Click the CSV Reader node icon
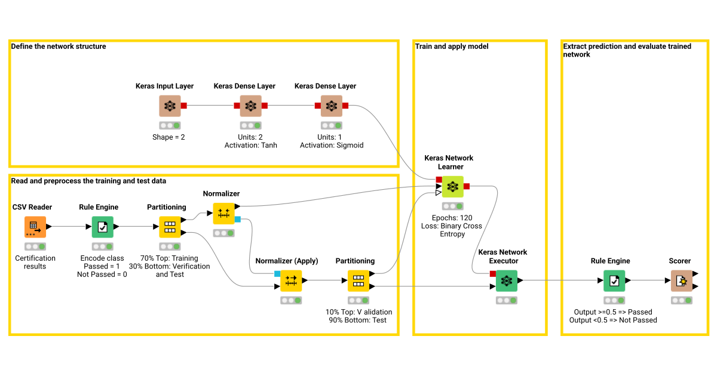pyautogui.click(x=35, y=227)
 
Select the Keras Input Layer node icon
pyautogui.click(x=170, y=106)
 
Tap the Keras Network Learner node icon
pyautogui.click(x=452, y=187)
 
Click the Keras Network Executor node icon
pyautogui.click(x=507, y=281)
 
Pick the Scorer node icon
pyautogui.click(x=681, y=281)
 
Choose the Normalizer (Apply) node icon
pyautogui.click(x=291, y=281)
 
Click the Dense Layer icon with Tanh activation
pyautogui.click(x=250, y=106)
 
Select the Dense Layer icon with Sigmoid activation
pyautogui.click(x=331, y=106)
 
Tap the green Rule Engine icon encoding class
pyautogui.click(x=102, y=227)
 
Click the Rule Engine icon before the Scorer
pyautogui.click(x=614, y=281)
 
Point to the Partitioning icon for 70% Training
pyautogui.click(x=170, y=227)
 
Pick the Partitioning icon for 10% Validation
pyautogui.click(x=358, y=281)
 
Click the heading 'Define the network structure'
pyautogui.click(x=59, y=47)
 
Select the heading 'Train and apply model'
pyautogui.click(x=452, y=47)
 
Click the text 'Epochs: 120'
pyautogui.click(x=452, y=218)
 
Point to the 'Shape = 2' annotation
pyautogui.click(x=170, y=137)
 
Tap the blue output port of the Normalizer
pyautogui.click(x=237, y=220)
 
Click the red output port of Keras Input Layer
pyautogui.click(x=184, y=106)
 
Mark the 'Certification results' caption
pyautogui.click(x=35, y=262)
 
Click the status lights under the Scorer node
pyautogui.click(x=681, y=300)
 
